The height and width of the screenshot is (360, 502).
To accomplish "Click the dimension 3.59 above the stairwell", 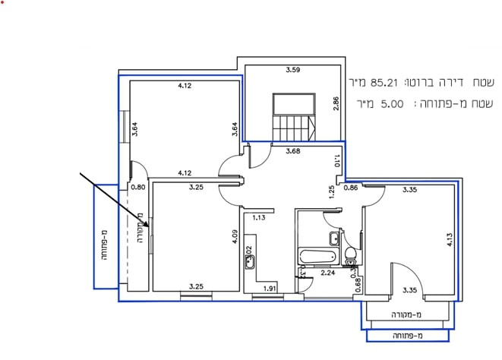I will click(292, 71).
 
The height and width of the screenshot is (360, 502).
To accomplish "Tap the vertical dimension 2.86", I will click(335, 105).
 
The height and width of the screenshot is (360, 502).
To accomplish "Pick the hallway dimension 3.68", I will click(292, 151).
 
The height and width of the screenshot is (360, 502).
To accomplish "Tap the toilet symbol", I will click(351, 254).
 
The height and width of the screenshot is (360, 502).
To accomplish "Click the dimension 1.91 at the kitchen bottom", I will click(269, 289).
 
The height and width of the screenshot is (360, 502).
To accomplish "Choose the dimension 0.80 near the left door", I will click(137, 186).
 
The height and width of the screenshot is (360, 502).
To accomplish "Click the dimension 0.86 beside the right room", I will click(351, 187).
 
